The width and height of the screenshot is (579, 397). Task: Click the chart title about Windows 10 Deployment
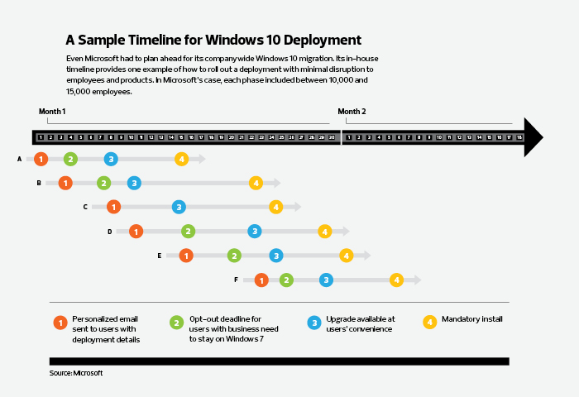tap(213, 40)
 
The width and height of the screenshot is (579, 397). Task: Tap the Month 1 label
tap(52, 111)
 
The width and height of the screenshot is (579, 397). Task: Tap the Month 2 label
tap(352, 111)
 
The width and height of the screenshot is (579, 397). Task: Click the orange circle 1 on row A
tap(41, 159)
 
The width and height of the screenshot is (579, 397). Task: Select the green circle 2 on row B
tap(103, 183)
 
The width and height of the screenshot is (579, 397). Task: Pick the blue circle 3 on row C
tap(179, 207)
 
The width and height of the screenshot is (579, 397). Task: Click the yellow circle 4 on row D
tap(325, 232)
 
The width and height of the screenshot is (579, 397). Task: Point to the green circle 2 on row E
tap(234, 256)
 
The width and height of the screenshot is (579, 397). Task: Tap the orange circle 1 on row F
tap(261, 280)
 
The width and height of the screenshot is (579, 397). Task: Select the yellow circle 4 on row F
tap(396, 280)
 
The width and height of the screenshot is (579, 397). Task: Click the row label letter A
tap(19, 159)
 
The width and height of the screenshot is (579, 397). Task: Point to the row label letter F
tap(236, 280)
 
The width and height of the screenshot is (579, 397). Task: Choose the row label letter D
tap(109, 232)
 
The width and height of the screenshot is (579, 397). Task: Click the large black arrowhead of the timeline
tap(534, 137)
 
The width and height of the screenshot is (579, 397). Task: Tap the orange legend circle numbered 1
tap(59, 323)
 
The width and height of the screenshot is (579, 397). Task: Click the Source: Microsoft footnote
tap(76, 374)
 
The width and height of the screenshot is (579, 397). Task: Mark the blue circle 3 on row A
tap(111, 159)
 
